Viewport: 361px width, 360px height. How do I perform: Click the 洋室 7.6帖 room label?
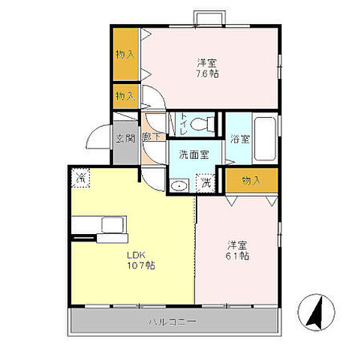tap(208, 68)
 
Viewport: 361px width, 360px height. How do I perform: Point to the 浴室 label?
tap(239, 139)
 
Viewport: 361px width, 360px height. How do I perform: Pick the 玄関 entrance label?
tap(124, 138)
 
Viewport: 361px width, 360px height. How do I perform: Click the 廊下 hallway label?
tap(149, 139)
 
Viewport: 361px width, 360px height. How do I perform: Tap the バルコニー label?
tap(172, 322)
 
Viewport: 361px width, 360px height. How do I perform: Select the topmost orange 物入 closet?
tap(125, 53)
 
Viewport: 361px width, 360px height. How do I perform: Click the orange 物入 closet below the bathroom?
tap(251, 180)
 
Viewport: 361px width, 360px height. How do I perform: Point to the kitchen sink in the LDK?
tap(113, 225)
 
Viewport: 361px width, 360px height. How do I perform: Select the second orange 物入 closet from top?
tap(125, 96)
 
